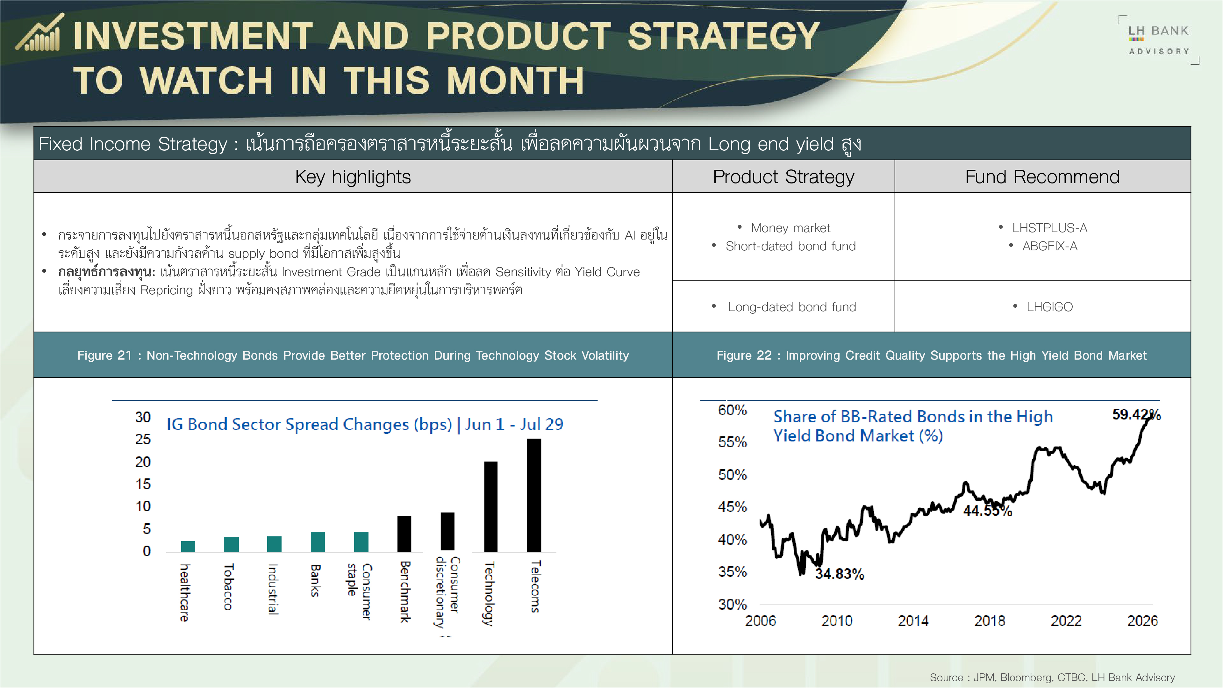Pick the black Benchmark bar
point(404,534)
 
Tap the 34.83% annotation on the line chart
point(840,574)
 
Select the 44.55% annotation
point(988,510)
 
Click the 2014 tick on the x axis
point(913,620)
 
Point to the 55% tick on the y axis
point(732,442)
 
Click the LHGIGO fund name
point(1049,307)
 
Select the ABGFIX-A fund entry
point(1050,246)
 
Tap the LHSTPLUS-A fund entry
point(1049,228)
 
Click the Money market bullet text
point(790,228)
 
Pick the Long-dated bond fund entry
point(792,307)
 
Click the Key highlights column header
point(353,177)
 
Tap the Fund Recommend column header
point(1042,177)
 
